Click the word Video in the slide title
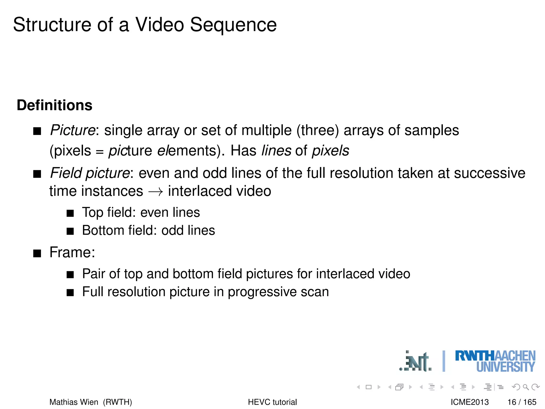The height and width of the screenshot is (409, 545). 160,25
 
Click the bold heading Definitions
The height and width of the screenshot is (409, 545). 55,105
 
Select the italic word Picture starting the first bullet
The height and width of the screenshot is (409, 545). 73,130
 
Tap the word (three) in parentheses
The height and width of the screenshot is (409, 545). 318,130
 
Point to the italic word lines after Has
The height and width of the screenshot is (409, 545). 276,151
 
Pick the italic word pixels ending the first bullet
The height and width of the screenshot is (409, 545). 331,151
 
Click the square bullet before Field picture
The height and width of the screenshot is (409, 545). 37,174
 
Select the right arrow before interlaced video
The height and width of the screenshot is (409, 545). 155,192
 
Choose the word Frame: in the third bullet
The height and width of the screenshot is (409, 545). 72,252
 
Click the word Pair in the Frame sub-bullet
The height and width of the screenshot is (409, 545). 94,274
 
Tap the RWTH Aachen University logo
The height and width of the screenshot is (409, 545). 495,361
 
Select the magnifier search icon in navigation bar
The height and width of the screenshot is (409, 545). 526,387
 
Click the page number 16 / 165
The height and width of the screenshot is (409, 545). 522,402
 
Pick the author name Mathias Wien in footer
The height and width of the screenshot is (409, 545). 74,402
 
